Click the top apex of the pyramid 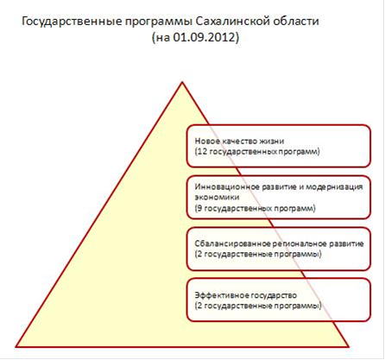tap(182, 82)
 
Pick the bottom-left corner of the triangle tap(16, 346)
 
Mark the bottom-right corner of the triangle tap(348, 346)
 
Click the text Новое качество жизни tap(239, 142)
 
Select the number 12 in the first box tap(202, 151)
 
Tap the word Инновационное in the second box tap(227, 186)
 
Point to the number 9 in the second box tap(199, 208)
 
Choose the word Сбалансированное tap(232, 243)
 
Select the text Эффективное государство tap(246, 295)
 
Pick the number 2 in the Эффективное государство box tap(199, 306)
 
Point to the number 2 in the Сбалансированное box tap(199, 254)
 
